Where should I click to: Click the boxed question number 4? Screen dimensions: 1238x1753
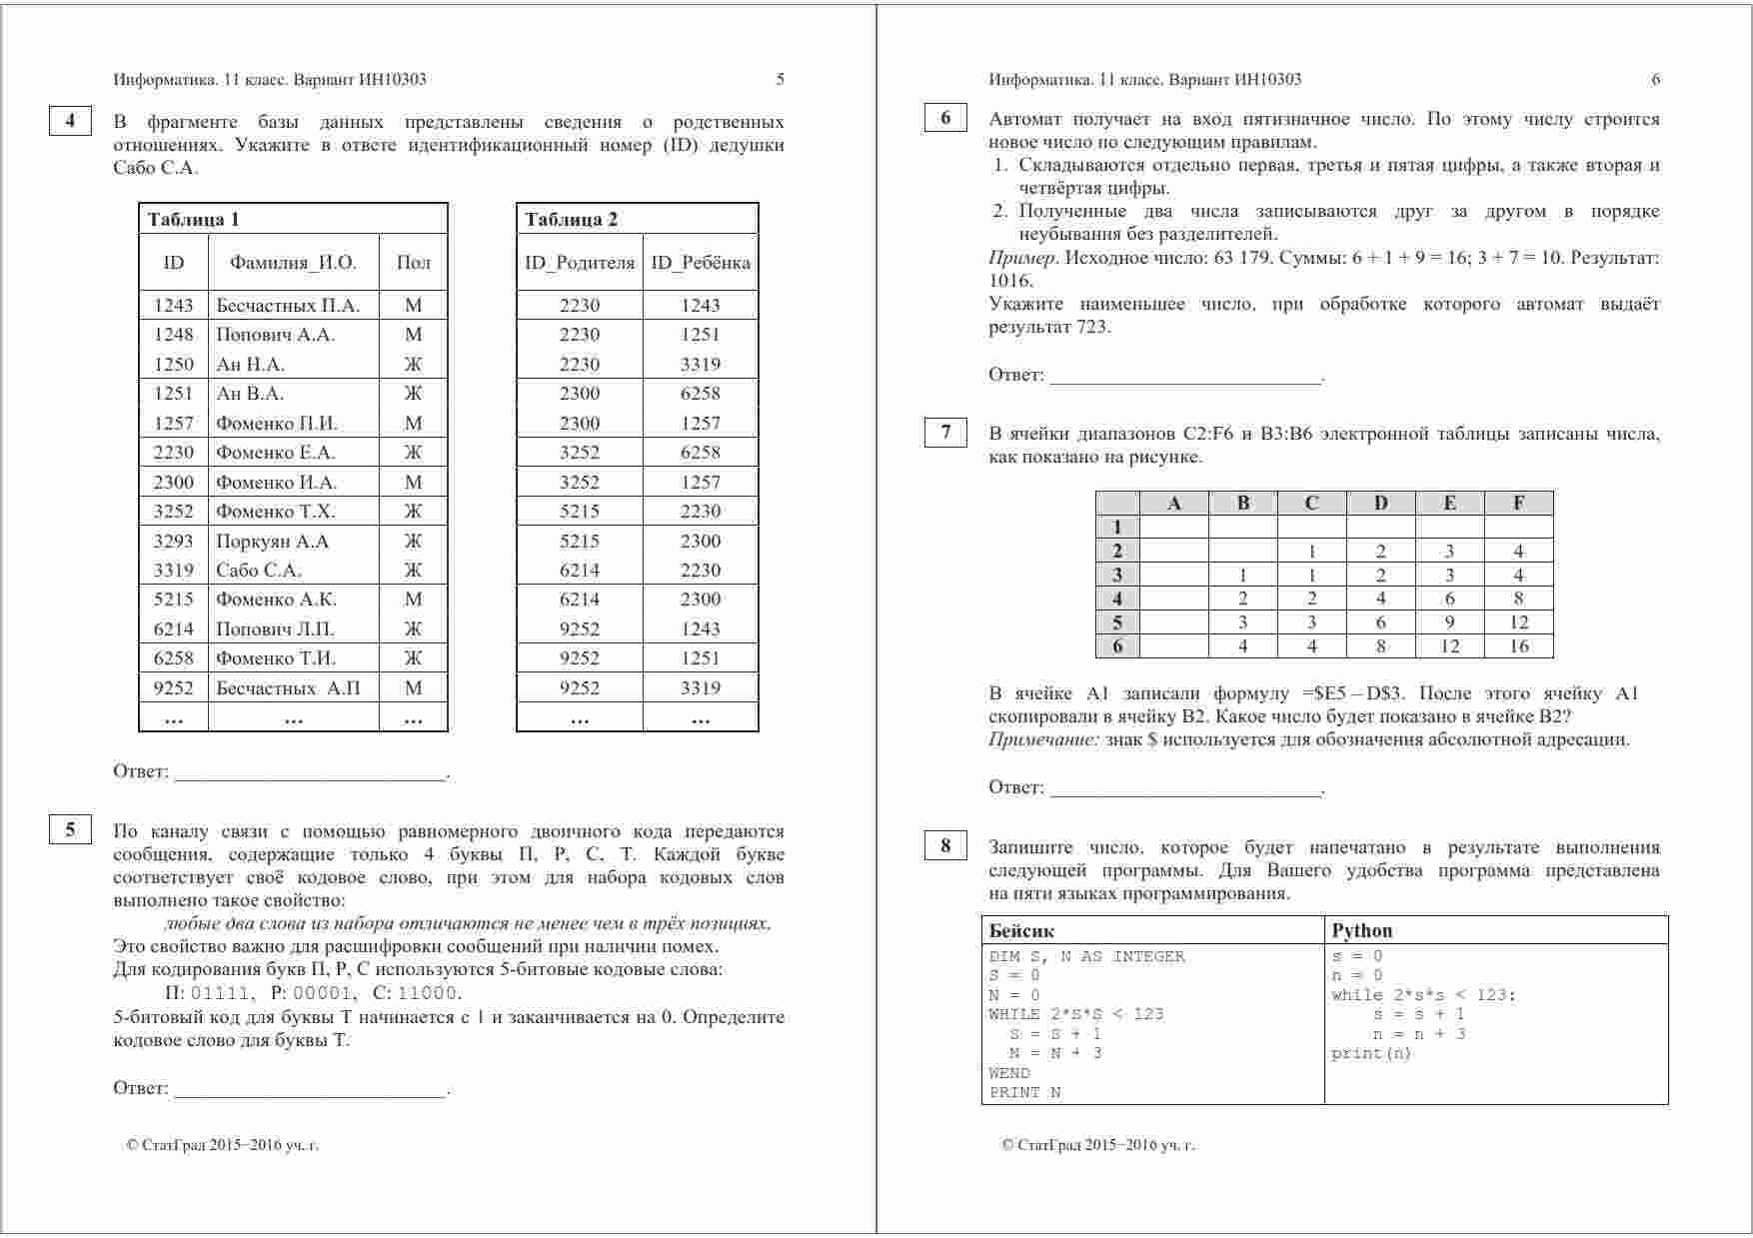click(x=70, y=121)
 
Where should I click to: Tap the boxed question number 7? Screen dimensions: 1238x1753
click(x=945, y=433)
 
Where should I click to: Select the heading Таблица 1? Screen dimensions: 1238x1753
click(x=194, y=220)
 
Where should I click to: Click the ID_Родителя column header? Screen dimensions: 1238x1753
click(x=580, y=263)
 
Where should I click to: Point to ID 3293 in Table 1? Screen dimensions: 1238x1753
click(x=173, y=542)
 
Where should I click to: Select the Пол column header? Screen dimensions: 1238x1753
click(x=413, y=263)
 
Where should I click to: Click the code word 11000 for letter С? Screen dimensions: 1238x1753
click(x=428, y=993)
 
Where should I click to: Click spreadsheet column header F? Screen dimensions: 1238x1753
click(x=1518, y=503)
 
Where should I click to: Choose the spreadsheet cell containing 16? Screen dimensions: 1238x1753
click(x=1518, y=646)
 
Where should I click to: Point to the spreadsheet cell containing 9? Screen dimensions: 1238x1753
click(x=1449, y=622)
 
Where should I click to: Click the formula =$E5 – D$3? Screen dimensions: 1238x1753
click(x=1354, y=693)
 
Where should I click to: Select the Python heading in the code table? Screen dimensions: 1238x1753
click(x=1361, y=930)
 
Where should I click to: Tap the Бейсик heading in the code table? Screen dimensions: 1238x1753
click(x=1021, y=930)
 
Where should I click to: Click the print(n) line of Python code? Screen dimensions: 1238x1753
click(x=1371, y=1053)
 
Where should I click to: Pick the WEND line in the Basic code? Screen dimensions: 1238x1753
click(x=1009, y=1073)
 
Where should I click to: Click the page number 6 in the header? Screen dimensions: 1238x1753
click(x=1655, y=80)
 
